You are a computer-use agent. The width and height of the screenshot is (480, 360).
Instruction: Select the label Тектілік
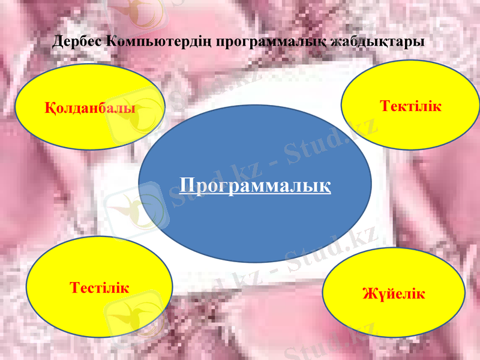[411, 106]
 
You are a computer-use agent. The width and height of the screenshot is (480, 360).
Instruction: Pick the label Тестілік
[100, 287]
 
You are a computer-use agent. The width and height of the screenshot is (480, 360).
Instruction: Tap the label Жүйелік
[394, 294]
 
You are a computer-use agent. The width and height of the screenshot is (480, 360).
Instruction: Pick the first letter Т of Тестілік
[74, 287]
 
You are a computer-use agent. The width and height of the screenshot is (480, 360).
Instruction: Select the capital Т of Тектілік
[385, 106]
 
